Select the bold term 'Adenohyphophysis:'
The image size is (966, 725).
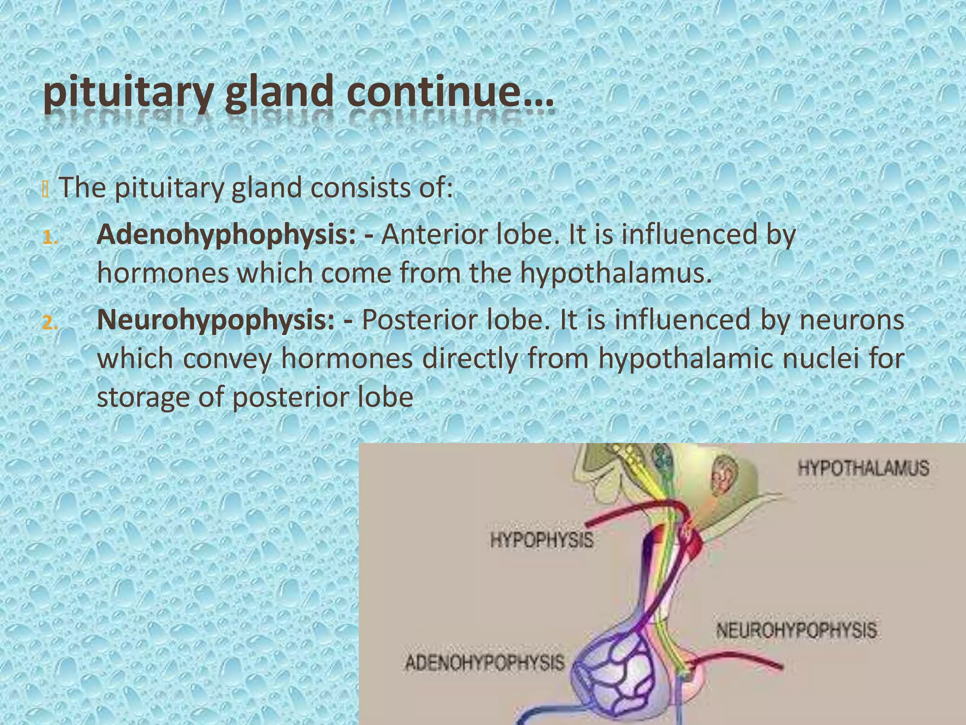[x=226, y=235]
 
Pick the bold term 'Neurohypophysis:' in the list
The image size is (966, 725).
[x=216, y=320]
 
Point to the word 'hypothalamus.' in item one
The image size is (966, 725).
[x=616, y=273]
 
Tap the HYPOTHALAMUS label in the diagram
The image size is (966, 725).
[x=863, y=469]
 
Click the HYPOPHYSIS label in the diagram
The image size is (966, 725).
[x=542, y=540]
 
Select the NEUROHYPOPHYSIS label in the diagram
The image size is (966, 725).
[x=796, y=630]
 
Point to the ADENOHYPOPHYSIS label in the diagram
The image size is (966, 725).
[x=484, y=663]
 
